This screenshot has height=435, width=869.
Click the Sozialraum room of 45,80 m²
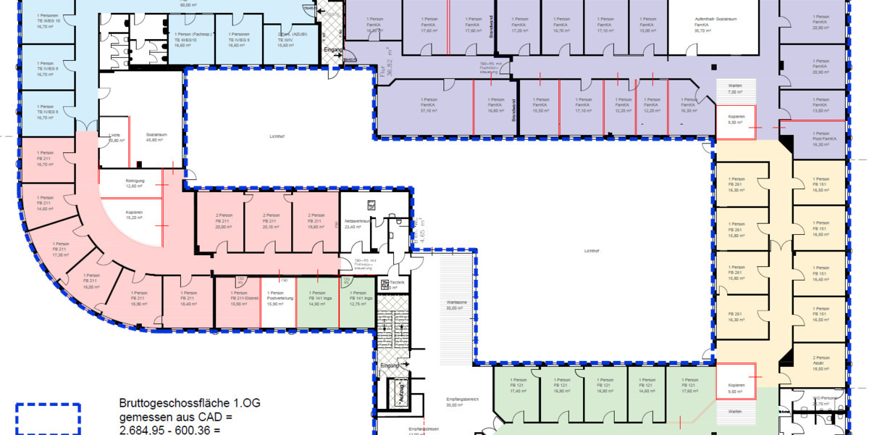click(x=152, y=138)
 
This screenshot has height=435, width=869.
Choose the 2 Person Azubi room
click(x=821, y=362)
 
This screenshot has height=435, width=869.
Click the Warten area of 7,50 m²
click(x=735, y=88)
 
